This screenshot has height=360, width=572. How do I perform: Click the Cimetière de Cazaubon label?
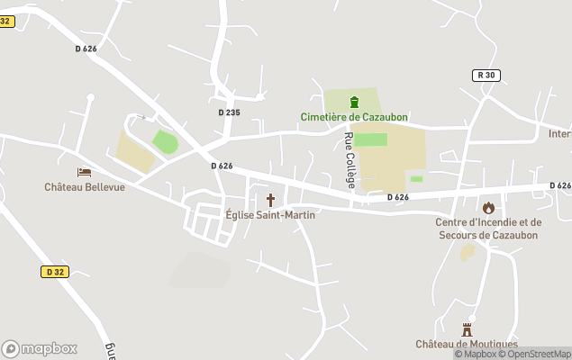pos(353,116)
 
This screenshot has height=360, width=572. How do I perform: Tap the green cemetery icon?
pos(354,101)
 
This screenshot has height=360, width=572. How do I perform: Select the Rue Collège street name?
pos(350,159)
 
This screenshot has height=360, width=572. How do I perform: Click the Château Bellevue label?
pos(85,187)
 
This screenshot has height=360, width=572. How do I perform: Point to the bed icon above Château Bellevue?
pos(85,172)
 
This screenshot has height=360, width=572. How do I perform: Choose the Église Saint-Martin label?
pos(270,214)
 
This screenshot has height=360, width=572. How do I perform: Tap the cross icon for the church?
pos(270,199)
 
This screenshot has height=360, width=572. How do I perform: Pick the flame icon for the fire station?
pos(488,208)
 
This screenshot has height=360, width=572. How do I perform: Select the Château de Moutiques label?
pos(467,345)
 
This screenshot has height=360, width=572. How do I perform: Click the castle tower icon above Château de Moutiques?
pos(467,329)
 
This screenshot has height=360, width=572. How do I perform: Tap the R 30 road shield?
pos(486,76)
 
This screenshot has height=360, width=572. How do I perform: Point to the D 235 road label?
pos(229,112)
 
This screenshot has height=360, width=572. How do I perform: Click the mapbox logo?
pos(40,348)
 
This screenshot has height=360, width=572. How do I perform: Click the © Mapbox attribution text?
pos(474,354)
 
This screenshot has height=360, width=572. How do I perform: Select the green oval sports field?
pos(165,142)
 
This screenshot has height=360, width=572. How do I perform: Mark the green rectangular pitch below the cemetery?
pos(370,139)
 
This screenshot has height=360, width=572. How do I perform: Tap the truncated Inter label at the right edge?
pos(560,134)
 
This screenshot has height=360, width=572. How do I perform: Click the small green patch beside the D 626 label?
pos(416,179)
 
